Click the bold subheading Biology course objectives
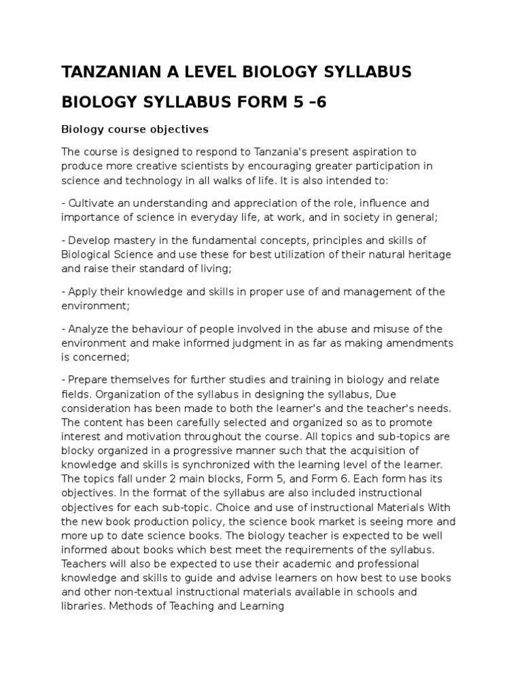135,128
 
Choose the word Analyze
88,328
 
